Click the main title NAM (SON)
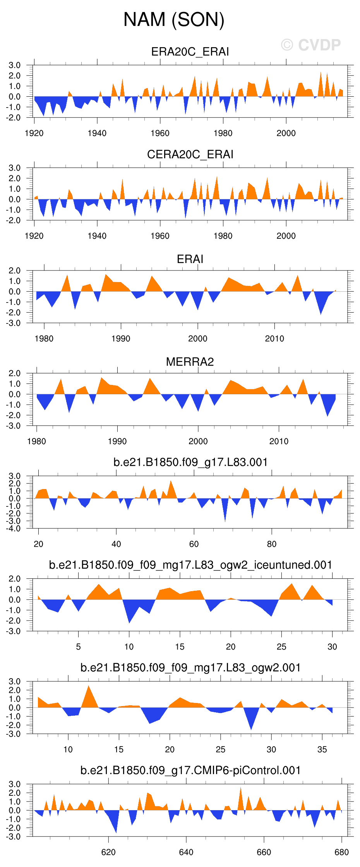tap(174, 19)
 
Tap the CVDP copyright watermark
tap(311, 45)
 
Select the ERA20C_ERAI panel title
tap(190, 52)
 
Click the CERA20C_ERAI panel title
tap(190, 154)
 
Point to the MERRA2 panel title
tap(190, 362)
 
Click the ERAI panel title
tap(190, 259)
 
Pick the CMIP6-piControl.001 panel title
tap(190, 770)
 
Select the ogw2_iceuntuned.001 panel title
tap(190, 565)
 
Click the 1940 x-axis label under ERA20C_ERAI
tap(97, 133)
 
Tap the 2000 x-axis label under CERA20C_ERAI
tap(286, 236)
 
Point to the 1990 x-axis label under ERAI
tap(121, 339)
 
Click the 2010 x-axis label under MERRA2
tap(279, 441)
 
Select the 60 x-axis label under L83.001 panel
tap(194, 544)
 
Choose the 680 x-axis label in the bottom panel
tap(341, 852)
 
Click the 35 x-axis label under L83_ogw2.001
tap(322, 749)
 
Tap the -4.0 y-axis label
tap(14, 528)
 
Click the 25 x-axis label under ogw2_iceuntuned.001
tap(281, 647)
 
